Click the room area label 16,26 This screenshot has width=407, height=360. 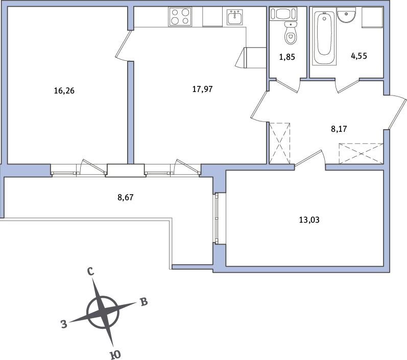[64, 90]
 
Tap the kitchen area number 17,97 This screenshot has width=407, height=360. [202, 89]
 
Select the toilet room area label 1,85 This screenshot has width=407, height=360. [287, 57]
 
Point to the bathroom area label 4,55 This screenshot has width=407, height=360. [359, 56]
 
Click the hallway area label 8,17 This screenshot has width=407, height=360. [339, 129]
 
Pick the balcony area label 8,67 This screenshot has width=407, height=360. [126, 198]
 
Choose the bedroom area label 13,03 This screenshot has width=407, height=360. [309, 220]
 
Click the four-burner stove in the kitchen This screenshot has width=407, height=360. [180, 17]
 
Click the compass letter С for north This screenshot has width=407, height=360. [90, 272]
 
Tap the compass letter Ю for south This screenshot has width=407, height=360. [115, 354]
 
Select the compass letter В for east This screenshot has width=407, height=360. [143, 302]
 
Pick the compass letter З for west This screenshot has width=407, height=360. [64, 324]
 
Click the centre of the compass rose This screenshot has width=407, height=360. [103, 312]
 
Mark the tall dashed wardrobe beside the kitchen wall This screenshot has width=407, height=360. [279, 143]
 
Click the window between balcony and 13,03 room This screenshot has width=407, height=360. [216, 218]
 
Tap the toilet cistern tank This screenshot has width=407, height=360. [282, 14]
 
